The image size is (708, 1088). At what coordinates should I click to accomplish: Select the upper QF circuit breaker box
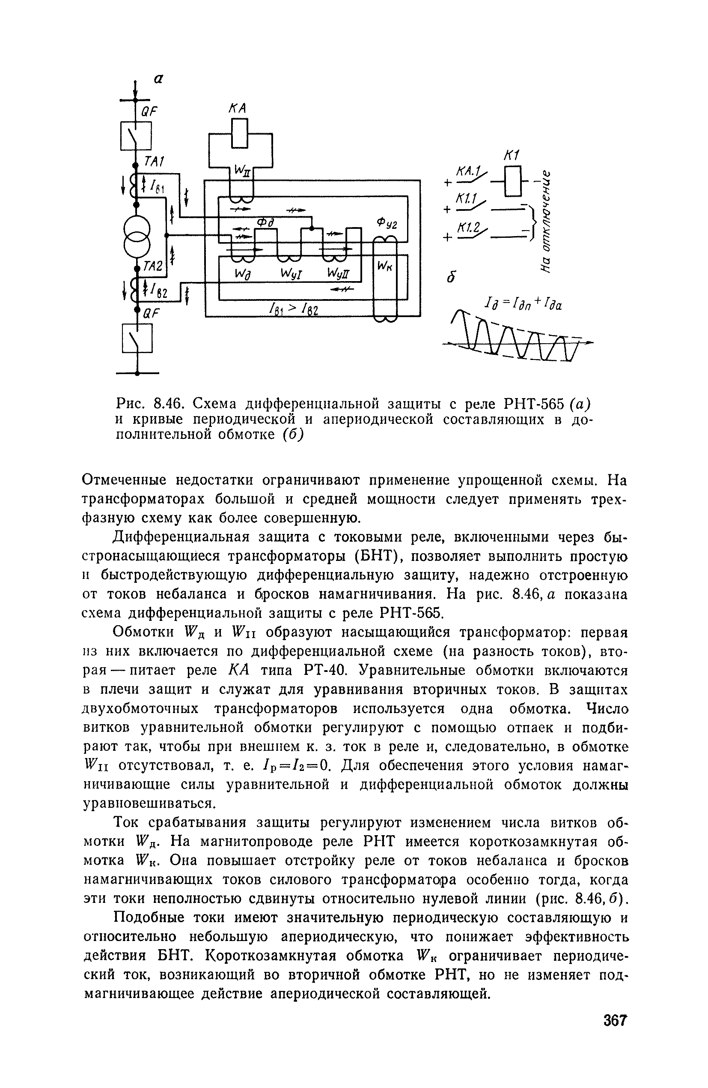pos(136,136)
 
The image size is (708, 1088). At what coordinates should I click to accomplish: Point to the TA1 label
pos(155,161)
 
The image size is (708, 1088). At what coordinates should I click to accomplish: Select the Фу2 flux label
pos(387,225)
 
